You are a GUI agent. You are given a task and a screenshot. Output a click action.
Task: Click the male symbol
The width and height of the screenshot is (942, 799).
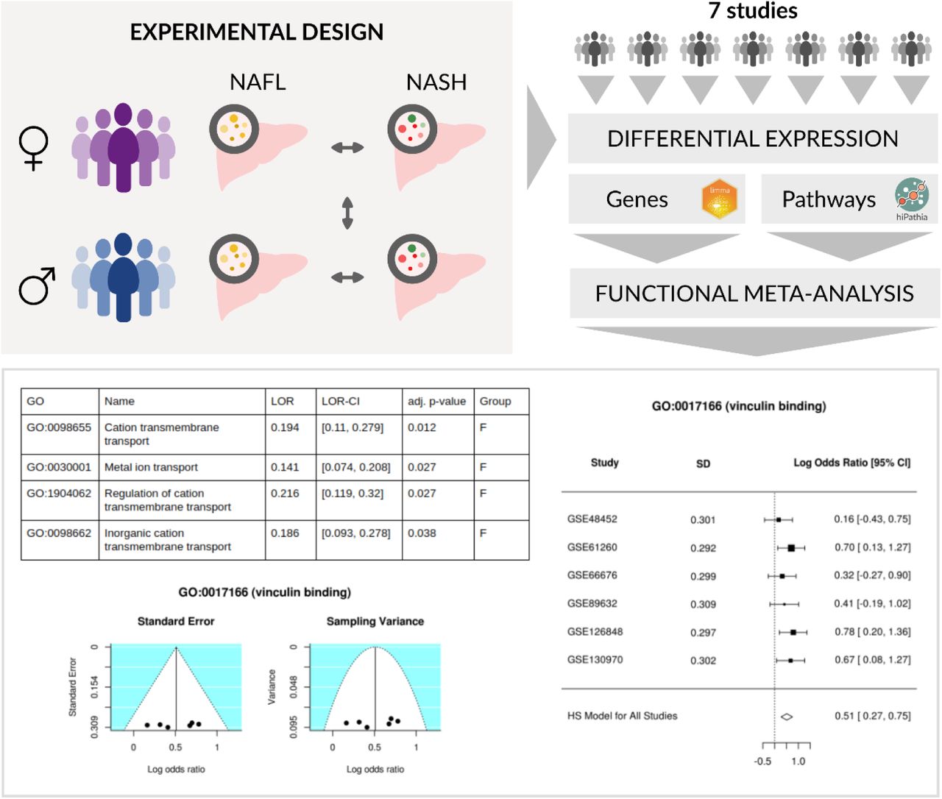pyautogui.click(x=37, y=285)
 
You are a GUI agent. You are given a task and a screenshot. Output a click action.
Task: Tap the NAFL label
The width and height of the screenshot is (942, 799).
pyautogui.click(x=258, y=82)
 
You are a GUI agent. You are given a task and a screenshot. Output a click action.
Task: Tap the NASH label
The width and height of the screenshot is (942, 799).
pyautogui.click(x=436, y=82)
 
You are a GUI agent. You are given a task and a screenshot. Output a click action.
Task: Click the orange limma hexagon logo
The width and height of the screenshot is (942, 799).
pyautogui.click(x=719, y=199)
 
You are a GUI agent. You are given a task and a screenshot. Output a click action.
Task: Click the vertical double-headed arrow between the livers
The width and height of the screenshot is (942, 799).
pyautogui.click(x=347, y=213)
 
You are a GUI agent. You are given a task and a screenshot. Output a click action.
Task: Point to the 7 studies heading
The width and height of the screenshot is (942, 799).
pyautogui.click(x=753, y=10)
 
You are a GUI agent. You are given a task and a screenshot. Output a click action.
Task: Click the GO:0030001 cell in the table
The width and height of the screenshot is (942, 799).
pyautogui.click(x=59, y=467)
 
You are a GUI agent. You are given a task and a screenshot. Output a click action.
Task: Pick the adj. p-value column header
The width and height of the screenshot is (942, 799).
pyautogui.click(x=436, y=401)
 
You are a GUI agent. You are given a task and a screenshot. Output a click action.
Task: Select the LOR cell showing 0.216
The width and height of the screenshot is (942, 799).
pyautogui.click(x=285, y=494)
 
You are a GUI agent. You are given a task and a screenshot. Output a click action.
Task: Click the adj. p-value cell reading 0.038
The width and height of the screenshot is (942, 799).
pyautogui.click(x=422, y=533)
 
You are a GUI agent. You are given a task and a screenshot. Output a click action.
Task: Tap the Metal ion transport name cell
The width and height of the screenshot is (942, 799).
pyautogui.click(x=151, y=467)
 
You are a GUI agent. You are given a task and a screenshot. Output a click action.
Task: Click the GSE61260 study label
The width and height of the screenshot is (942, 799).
pyautogui.click(x=592, y=547)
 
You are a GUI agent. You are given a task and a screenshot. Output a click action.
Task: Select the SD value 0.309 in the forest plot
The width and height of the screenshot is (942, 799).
pyautogui.click(x=703, y=604)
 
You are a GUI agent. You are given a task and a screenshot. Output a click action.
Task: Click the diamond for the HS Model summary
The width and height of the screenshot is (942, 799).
pyautogui.click(x=787, y=717)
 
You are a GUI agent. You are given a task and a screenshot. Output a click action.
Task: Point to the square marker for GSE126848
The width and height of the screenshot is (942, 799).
pyautogui.click(x=793, y=632)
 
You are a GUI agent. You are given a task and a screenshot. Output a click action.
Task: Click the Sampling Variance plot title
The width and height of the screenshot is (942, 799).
pyautogui.click(x=375, y=622)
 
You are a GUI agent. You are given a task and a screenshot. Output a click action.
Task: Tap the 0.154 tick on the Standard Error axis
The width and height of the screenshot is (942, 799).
pyautogui.click(x=94, y=687)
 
